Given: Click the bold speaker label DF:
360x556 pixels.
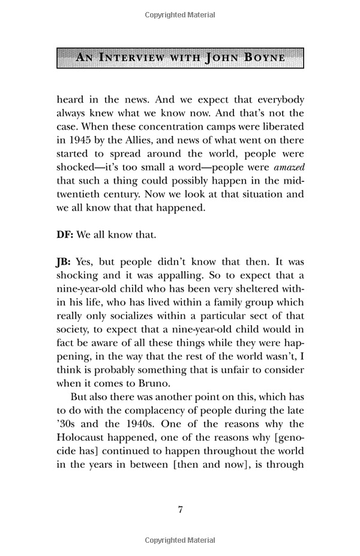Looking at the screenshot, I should coord(65,235).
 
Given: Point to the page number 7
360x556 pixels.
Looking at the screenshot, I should coord(180,510).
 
